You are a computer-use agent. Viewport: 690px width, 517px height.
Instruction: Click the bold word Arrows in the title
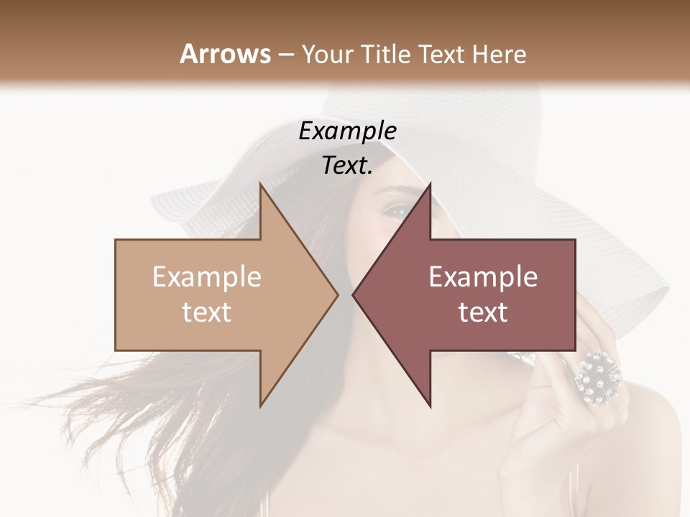pos(225,54)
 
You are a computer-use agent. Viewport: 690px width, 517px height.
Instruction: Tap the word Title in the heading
pos(388,54)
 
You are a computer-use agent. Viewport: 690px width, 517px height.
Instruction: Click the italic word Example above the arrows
pos(348,131)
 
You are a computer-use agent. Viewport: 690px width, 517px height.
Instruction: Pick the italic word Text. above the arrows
pos(348,165)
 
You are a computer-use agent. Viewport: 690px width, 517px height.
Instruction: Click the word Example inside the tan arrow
pos(207,277)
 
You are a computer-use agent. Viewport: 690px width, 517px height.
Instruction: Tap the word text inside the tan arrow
pos(207,312)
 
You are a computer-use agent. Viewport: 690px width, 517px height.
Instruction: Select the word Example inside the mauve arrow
pos(483,277)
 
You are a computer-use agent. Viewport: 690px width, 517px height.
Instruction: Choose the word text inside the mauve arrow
pos(483,312)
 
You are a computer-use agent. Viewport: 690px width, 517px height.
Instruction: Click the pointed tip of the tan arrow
pos(338,294)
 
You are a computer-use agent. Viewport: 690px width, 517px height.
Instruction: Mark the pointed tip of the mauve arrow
pos(353,294)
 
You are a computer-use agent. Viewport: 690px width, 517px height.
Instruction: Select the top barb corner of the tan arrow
pos(260,184)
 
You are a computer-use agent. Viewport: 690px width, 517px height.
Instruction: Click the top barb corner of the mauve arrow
pos(430,184)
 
